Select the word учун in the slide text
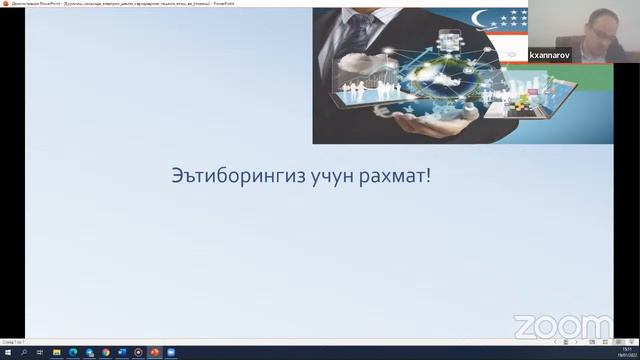pyautogui.click(x=320, y=176)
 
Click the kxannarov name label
pyautogui.click(x=549, y=57)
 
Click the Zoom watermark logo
pyautogui.click(x=562, y=326)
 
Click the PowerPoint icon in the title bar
pyautogui.click(x=5, y=4)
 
